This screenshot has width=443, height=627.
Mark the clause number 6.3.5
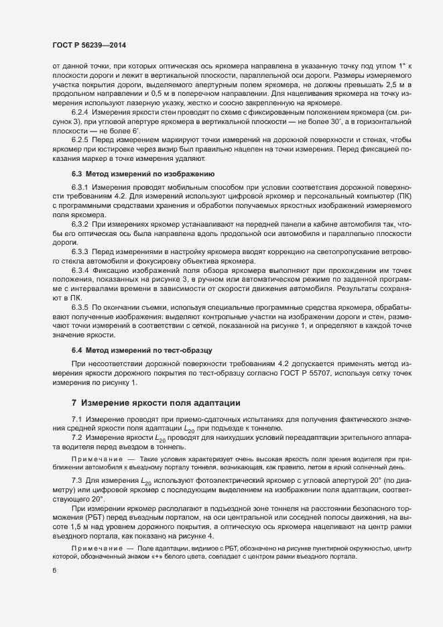point(80,305)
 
